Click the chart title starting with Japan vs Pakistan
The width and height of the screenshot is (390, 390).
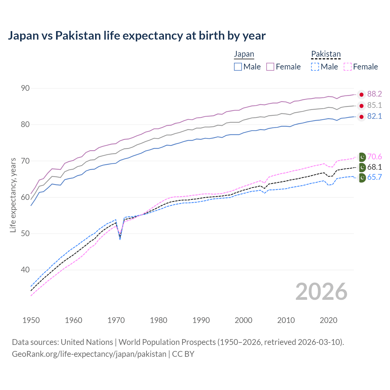click(x=136, y=36)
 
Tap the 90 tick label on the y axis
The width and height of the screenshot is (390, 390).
click(x=25, y=88)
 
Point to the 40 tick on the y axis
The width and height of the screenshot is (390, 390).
click(x=25, y=270)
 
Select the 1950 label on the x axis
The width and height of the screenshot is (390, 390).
click(x=31, y=320)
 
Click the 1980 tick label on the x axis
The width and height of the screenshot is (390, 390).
click(x=158, y=320)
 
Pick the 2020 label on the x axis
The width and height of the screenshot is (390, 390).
click(x=328, y=320)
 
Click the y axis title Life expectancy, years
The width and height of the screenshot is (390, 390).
click(x=13, y=195)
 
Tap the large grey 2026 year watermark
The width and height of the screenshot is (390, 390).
click(x=321, y=292)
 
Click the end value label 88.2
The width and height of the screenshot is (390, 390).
click(x=374, y=94)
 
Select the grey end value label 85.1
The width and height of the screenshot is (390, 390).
click(x=374, y=105)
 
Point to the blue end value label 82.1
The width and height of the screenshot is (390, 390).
click(x=374, y=116)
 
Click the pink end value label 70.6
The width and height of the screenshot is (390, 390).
click(x=374, y=157)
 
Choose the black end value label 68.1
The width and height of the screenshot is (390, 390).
click(x=374, y=167)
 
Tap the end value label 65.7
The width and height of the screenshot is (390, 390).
click(x=374, y=177)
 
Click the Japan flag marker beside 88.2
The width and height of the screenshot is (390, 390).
click(x=361, y=95)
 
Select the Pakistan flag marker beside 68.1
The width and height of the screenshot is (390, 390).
click(x=362, y=167)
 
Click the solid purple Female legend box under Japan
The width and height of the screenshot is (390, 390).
click(x=270, y=67)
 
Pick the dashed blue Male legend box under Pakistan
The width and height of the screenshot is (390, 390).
click(x=315, y=67)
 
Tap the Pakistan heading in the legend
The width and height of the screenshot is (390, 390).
click(x=326, y=54)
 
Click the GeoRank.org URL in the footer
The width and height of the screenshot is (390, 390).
click(x=89, y=354)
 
